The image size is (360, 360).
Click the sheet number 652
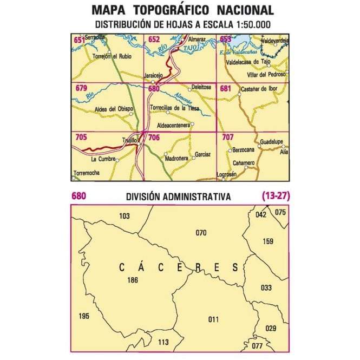point(154,40)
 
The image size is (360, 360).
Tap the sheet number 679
point(81,88)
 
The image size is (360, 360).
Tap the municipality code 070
point(201,233)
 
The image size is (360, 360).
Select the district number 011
point(213,319)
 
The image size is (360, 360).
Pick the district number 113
point(163,342)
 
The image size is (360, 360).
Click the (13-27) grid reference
point(274,196)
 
